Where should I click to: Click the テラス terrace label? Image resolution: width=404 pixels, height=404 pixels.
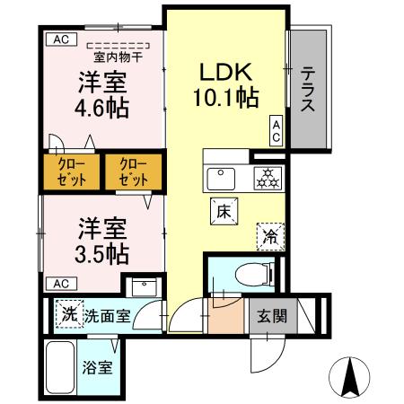click(x=307, y=90)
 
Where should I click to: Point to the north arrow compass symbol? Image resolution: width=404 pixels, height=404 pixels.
click(x=350, y=374)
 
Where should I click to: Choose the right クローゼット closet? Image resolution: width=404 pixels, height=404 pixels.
click(x=131, y=171)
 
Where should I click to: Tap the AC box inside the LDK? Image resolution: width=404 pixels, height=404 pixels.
click(x=276, y=131)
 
